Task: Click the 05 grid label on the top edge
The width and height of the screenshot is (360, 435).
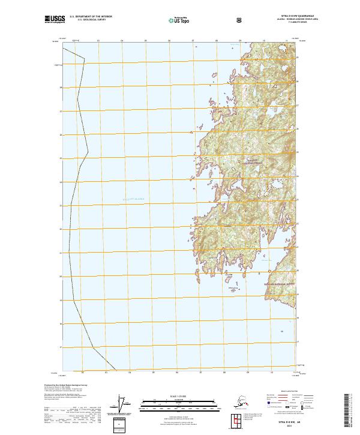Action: pyautogui.click(x=146, y=41)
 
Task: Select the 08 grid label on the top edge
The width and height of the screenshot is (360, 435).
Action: pyautogui.click(x=216, y=41)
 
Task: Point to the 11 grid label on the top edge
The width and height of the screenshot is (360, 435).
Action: pyautogui.click(x=286, y=41)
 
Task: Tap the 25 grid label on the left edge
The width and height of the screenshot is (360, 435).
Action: pyautogui.click(x=61, y=158)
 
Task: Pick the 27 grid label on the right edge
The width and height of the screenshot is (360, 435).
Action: pyautogui.click(x=297, y=106)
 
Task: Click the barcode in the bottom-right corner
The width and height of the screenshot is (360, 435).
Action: pyautogui.click(x=349, y=411)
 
